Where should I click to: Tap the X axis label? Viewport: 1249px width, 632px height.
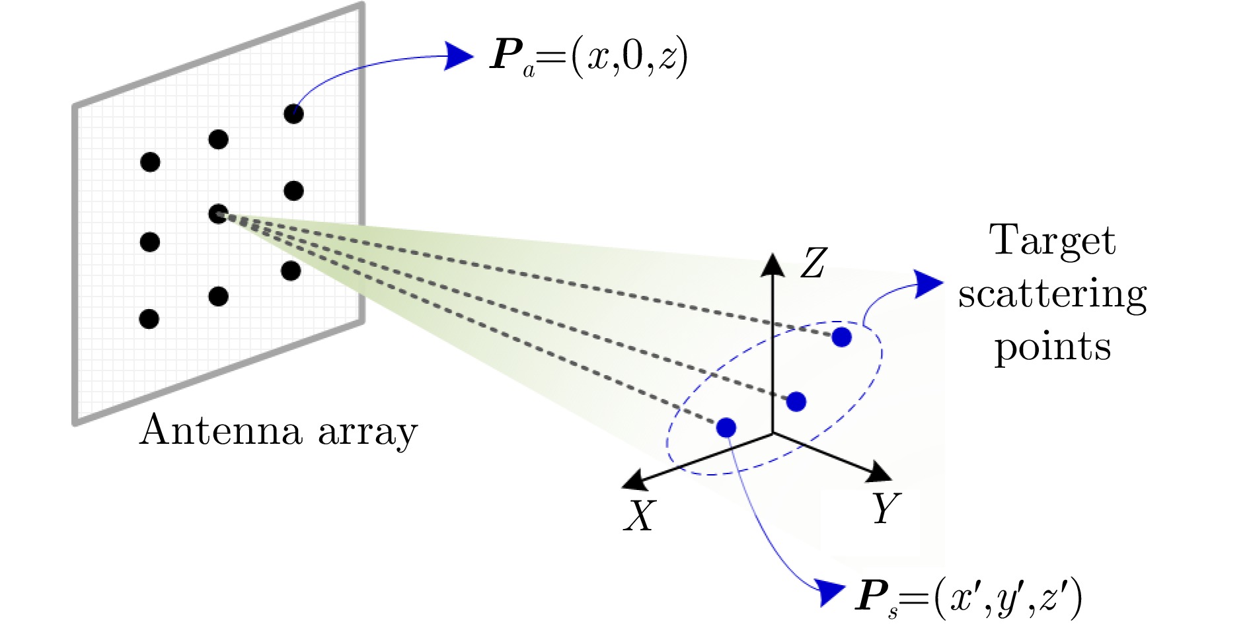click(640, 516)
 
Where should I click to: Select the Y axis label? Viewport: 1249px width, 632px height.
click(885, 509)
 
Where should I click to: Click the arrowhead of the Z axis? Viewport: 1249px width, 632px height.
click(773, 264)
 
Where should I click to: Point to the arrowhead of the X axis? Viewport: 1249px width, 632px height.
click(635, 480)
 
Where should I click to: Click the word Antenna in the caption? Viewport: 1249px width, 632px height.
click(221, 431)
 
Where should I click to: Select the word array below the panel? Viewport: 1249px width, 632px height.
click(367, 433)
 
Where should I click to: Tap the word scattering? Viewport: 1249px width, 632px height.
click(1052, 295)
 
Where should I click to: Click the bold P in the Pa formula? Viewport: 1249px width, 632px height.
click(506, 55)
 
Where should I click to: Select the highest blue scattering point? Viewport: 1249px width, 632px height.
click(841, 337)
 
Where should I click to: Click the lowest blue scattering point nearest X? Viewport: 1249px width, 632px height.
click(726, 428)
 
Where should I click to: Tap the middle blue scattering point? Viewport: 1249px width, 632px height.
click(796, 402)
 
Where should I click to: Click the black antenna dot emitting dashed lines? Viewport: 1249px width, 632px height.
click(218, 214)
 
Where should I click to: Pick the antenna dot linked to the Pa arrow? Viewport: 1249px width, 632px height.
click(293, 114)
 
